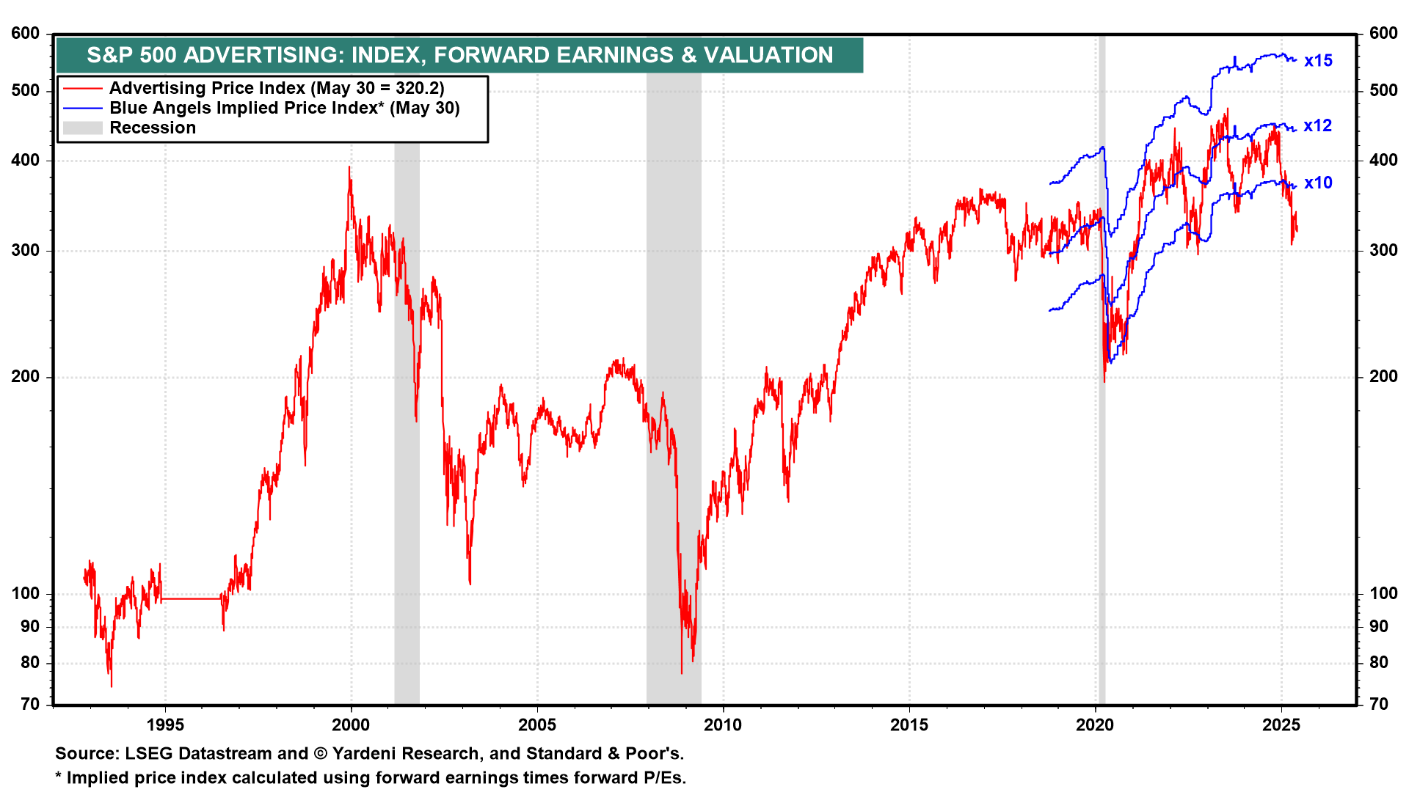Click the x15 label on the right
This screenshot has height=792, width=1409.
point(1317,61)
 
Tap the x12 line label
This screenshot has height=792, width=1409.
point(1317,126)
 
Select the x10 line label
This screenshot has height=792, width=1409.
point(1317,183)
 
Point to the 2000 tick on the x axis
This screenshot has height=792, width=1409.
point(351,725)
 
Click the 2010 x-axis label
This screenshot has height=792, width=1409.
point(723,725)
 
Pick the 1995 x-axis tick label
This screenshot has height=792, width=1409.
point(165,725)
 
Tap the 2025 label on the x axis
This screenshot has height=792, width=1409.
point(1281,725)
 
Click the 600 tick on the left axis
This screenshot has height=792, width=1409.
point(26,34)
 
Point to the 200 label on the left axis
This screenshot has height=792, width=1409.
point(26,377)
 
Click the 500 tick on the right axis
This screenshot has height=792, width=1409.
point(1383,91)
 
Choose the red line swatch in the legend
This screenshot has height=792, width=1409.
point(82,89)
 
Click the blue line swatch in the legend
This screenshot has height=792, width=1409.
point(82,109)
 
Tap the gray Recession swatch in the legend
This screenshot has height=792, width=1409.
point(82,128)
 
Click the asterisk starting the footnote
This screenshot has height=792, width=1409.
point(59,776)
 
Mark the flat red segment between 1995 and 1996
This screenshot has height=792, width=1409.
point(191,599)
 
